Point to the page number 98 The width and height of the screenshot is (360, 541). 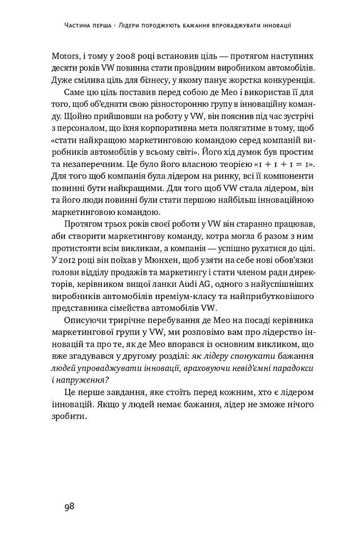[69, 506]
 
